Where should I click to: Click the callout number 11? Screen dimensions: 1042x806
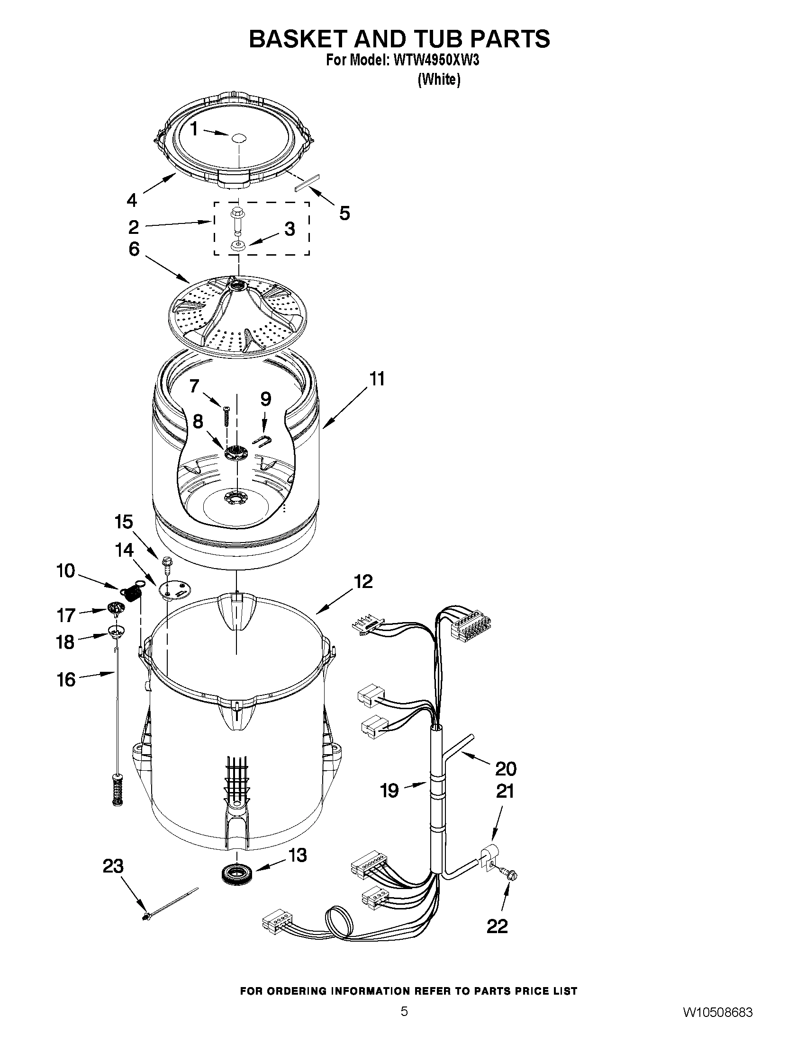click(377, 379)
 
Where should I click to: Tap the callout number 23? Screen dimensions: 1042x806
click(113, 865)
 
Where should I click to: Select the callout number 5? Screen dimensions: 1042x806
click(344, 213)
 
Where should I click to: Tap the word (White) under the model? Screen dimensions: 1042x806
click(439, 80)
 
